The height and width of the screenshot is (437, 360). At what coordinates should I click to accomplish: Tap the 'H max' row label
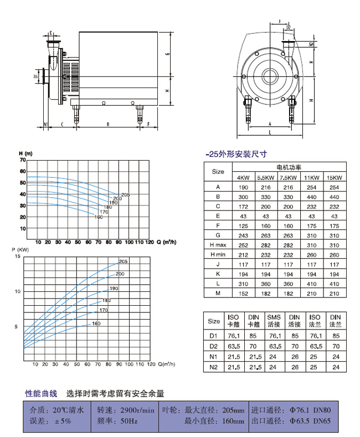218,244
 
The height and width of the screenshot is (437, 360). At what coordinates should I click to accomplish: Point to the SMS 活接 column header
272,321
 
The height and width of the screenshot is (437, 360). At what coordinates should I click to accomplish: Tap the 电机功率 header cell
289,167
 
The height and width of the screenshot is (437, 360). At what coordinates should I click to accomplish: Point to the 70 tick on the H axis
23,160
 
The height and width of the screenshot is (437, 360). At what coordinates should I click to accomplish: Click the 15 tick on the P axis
17,257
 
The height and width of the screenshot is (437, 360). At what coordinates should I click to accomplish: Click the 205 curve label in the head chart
125,194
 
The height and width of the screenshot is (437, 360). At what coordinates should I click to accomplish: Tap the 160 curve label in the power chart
96,323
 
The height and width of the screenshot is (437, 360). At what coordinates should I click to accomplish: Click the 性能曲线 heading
42,394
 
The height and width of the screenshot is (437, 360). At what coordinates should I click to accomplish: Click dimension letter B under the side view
108,124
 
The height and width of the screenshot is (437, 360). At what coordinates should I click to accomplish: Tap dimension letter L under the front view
270,133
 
